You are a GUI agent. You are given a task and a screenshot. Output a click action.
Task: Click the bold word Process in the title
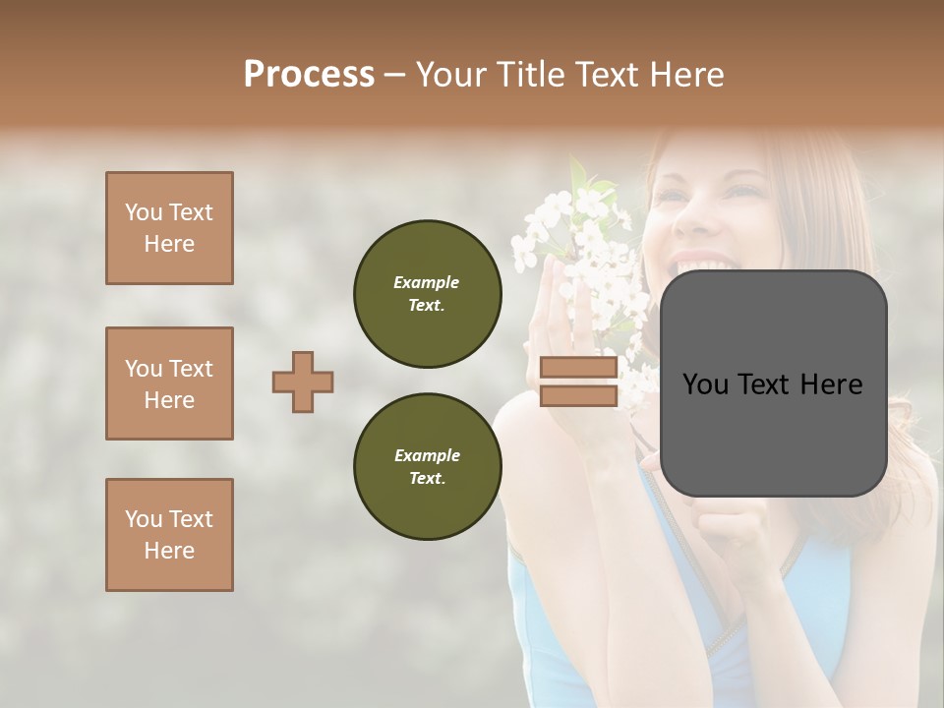coord(309,74)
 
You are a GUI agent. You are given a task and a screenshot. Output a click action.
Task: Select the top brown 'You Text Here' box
coord(169,228)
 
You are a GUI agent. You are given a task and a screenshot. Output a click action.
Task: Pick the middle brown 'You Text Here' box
coord(169,383)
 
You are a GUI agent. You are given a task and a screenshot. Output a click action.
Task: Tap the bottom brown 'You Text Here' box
coord(169,535)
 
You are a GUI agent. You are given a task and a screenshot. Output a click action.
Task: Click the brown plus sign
coord(303,382)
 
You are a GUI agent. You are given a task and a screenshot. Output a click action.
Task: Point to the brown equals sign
coord(579,382)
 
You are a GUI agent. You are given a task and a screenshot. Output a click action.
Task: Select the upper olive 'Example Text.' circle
coord(427,294)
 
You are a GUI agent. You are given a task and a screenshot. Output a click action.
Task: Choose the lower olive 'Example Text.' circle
coord(427,467)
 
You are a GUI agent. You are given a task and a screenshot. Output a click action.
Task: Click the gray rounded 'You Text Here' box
coord(773,383)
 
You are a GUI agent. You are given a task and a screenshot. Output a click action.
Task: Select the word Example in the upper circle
coord(427,282)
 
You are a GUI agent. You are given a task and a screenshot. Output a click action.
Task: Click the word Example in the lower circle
coord(427,455)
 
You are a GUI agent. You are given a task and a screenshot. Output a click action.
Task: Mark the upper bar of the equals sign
coord(579,368)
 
